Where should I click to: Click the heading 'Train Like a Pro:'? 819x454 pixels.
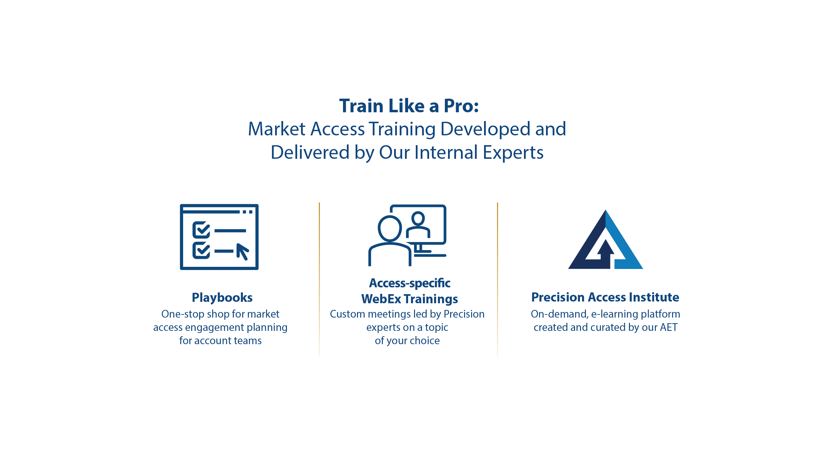pos(409,106)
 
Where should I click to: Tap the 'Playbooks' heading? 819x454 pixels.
pos(222,298)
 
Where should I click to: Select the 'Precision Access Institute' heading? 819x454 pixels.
pos(605,297)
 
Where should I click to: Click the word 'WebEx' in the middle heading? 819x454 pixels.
pos(381,299)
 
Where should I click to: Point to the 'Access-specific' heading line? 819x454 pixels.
pos(409,283)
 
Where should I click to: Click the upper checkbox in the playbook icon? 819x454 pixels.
pos(201,230)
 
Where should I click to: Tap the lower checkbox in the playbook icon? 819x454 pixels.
pos(201,250)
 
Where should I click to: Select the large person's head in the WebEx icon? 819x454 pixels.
pos(390,228)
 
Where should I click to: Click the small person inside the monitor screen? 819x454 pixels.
pos(418,225)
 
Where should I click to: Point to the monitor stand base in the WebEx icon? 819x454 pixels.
pos(430,255)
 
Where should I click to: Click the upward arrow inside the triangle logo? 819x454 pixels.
pos(605,253)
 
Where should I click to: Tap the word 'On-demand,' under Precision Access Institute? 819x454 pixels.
pos(559,314)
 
